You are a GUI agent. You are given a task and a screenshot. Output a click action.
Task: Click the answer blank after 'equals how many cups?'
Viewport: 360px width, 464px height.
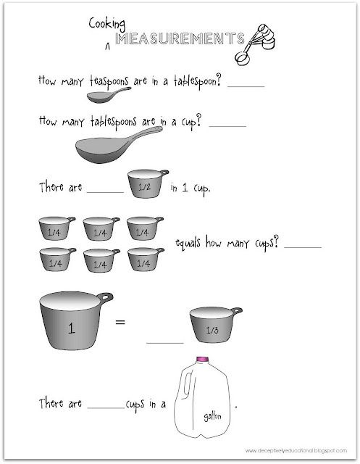point(304,246)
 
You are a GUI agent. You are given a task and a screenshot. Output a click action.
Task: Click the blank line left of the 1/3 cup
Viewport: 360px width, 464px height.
point(165,341)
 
